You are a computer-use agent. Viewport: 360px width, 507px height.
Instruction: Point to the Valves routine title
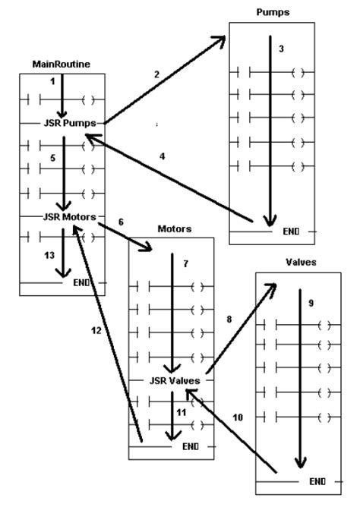(x=296, y=262)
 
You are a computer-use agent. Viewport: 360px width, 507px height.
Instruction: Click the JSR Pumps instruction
(x=73, y=121)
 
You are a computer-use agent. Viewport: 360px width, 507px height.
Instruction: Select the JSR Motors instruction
(x=71, y=217)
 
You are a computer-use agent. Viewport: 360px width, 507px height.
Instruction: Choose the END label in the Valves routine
(x=317, y=481)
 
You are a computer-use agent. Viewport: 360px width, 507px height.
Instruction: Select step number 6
(x=120, y=222)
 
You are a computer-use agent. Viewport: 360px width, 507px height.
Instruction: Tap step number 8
(x=230, y=319)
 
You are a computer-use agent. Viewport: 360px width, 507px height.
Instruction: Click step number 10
(x=237, y=417)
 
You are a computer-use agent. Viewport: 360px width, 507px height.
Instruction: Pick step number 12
(x=96, y=331)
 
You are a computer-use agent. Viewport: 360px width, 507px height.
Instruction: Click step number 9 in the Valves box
(x=311, y=302)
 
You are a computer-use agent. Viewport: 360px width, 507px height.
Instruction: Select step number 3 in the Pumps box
(x=281, y=49)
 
